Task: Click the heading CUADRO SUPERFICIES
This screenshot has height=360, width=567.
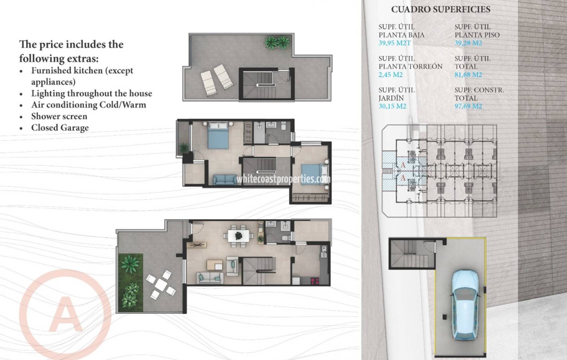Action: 441,9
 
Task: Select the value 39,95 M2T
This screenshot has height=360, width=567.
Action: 395,43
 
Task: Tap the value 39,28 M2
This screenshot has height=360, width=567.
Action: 468,43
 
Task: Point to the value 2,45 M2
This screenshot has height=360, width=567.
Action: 390,75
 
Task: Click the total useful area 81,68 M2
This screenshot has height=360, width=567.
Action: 468,75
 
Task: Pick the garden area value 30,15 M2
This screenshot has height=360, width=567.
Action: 392,106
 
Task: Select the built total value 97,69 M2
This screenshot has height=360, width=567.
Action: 468,106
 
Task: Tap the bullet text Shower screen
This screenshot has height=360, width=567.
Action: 59,116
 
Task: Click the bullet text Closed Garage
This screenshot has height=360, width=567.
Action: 60,128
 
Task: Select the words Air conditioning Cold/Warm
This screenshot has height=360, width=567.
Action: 88,105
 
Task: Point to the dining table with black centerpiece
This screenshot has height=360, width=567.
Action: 238,236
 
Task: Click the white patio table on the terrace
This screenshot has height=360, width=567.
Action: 161,284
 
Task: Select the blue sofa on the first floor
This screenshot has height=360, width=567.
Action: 225,180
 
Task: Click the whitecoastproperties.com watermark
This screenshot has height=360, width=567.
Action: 283,179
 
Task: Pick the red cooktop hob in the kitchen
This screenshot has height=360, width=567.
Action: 315,281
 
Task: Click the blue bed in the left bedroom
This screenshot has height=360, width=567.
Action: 218,136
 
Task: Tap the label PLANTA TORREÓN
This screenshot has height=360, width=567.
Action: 410,66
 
